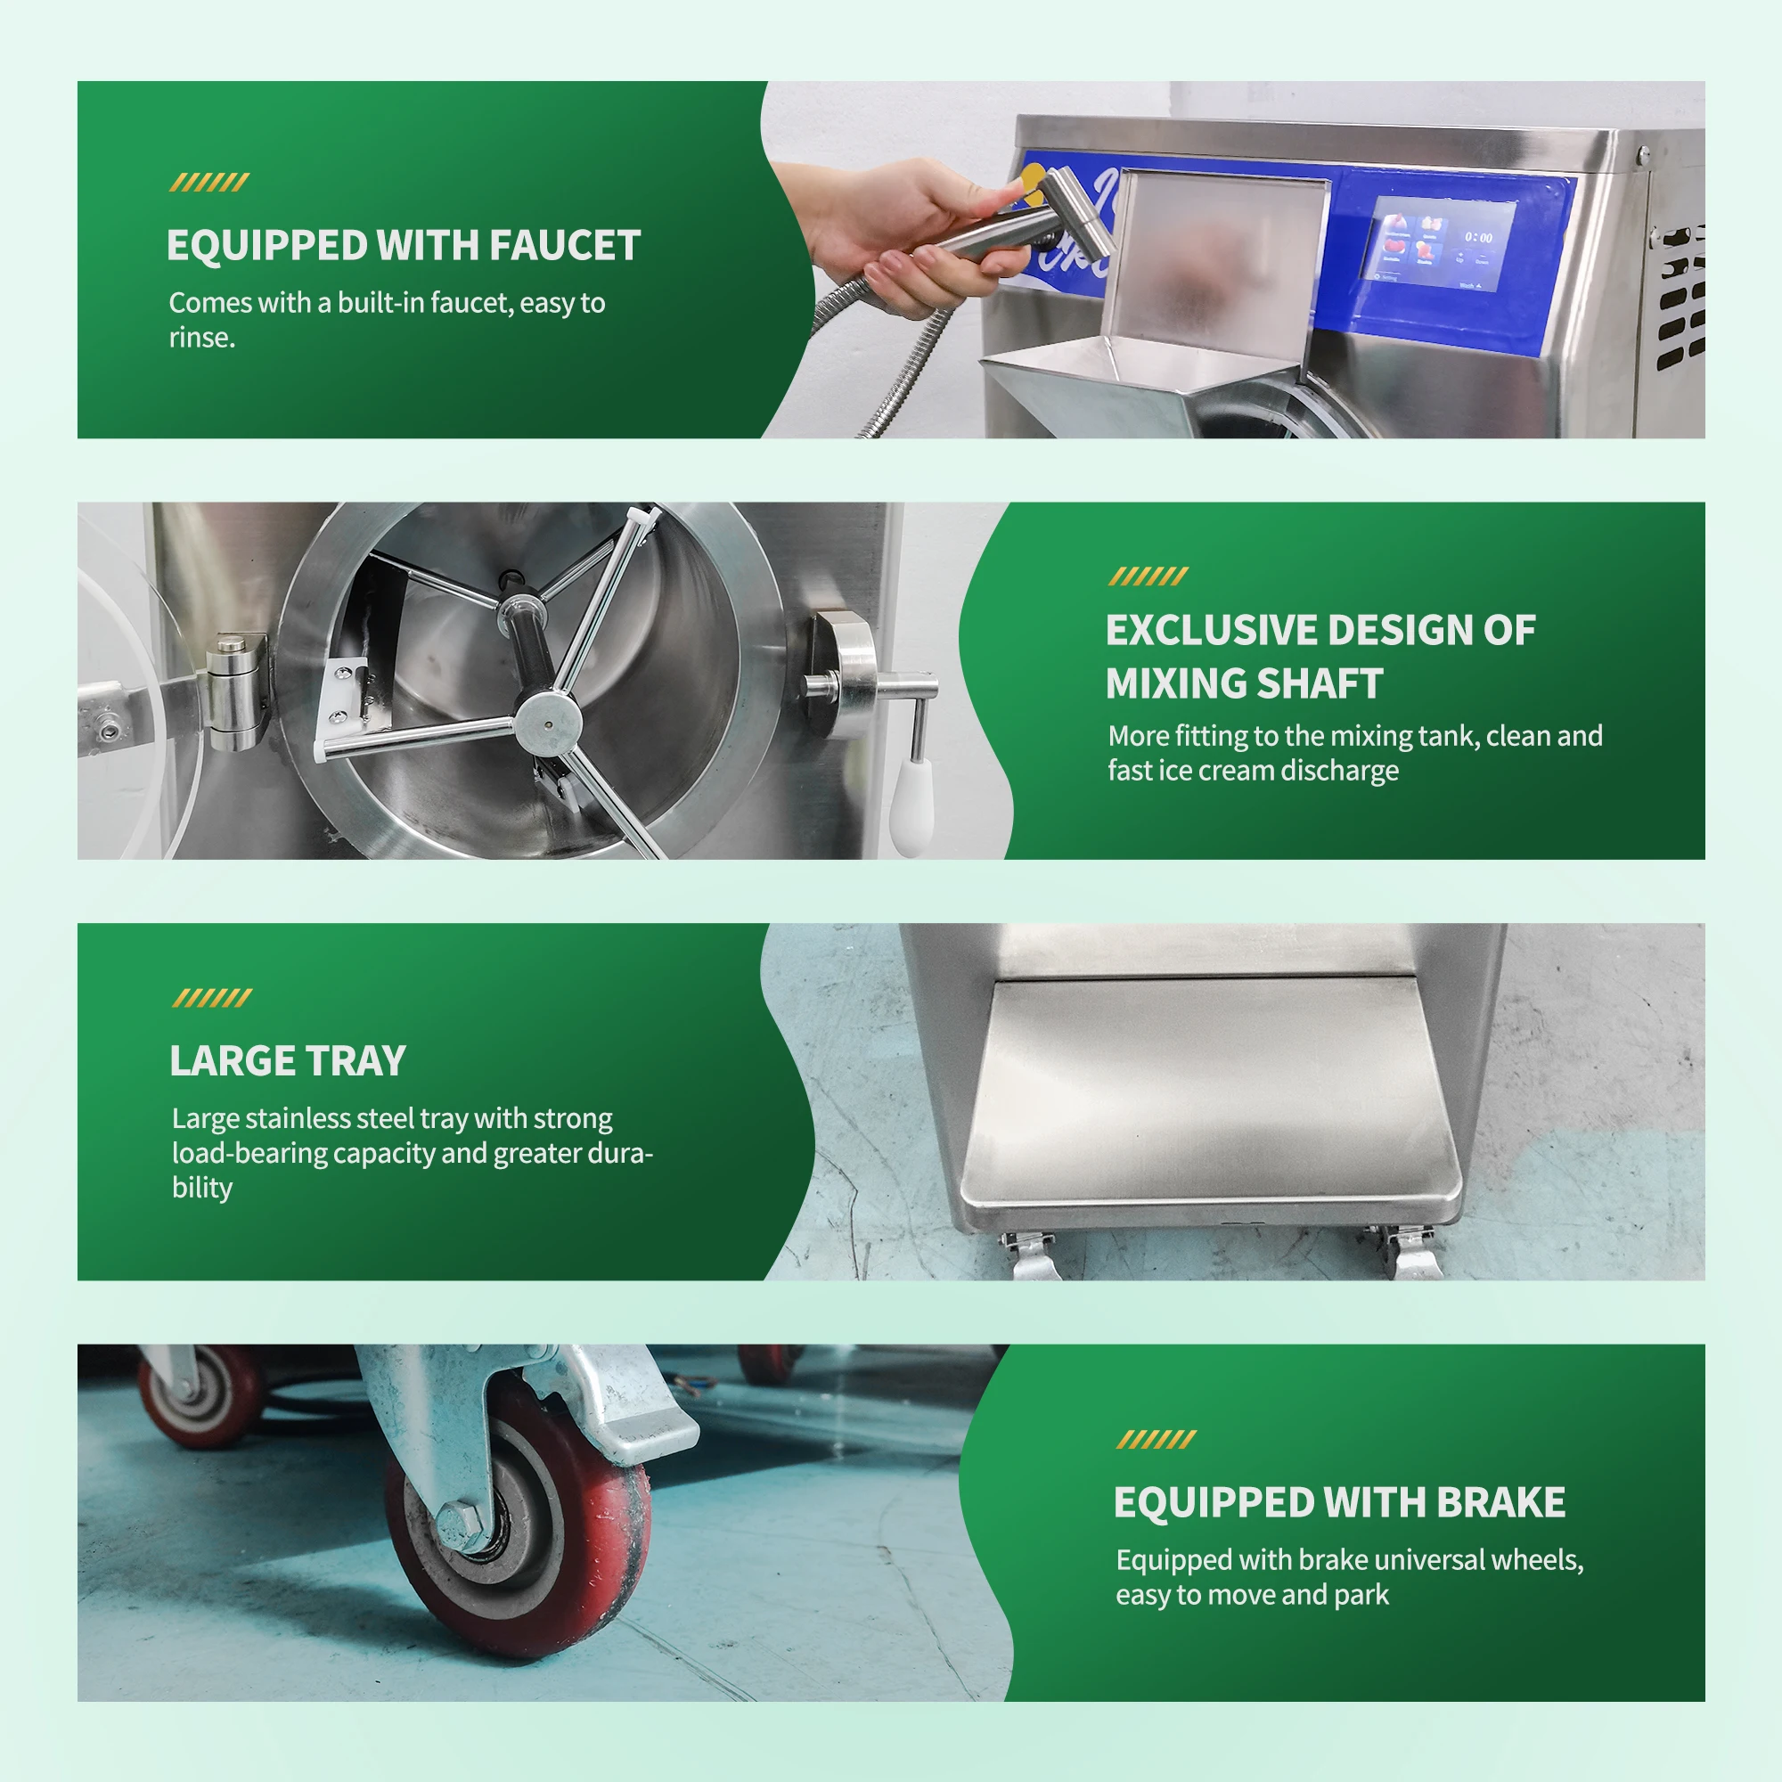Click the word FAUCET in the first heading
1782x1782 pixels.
point(565,245)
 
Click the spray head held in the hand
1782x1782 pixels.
point(1075,214)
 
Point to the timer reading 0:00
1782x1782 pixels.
point(1477,237)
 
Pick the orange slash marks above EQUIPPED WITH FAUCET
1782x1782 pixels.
point(209,183)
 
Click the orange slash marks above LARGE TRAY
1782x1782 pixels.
point(211,998)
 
